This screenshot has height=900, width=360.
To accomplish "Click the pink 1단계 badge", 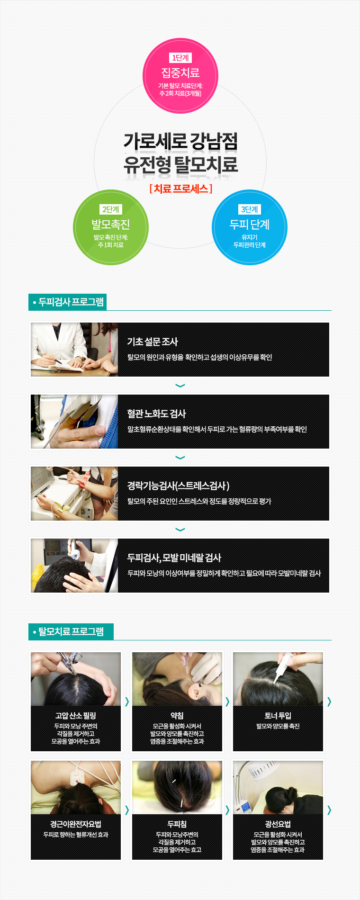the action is [x=180, y=58].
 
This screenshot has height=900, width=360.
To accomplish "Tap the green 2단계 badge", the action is [x=111, y=209].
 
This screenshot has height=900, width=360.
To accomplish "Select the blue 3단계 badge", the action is [x=250, y=209].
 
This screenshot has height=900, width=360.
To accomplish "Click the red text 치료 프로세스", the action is [x=180, y=189].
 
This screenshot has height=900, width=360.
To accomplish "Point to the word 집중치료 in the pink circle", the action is [x=180, y=72].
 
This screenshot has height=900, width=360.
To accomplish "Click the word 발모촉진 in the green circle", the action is [x=111, y=224].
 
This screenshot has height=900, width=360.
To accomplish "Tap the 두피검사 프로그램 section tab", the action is [x=67, y=302].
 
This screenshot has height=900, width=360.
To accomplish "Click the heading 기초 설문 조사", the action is [x=153, y=342].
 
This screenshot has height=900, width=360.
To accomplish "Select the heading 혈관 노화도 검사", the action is [x=156, y=414].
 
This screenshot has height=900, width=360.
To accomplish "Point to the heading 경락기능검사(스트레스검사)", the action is [x=178, y=486].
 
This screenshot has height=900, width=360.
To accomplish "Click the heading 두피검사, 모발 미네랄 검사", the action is [x=174, y=558].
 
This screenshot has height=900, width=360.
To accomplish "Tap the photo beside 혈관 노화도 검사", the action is [x=74, y=422].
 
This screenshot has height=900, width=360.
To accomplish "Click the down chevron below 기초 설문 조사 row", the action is [x=180, y=386].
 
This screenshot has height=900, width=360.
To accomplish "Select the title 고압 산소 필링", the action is [x=76, y=716].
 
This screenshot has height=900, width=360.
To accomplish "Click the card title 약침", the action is [x=177, y=716].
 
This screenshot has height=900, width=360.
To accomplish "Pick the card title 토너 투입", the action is [x=278, y=716].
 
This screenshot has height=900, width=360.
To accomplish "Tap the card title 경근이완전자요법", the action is [x=76, y=824].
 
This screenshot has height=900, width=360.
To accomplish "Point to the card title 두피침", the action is [x=177, y=824].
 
